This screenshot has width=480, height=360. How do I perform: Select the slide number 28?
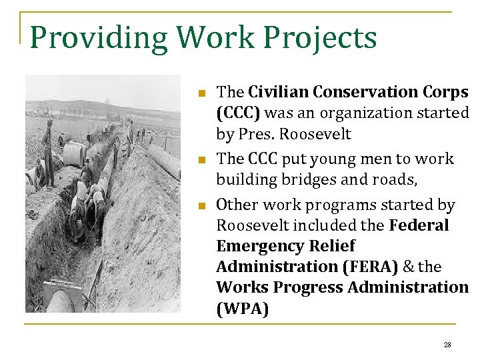tap(447, 345)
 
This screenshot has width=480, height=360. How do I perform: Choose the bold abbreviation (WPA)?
tap(243, 309)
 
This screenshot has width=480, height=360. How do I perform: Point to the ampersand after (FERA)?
tap(408, 267)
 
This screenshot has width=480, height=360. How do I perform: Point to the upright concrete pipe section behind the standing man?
tap(73, 154)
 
